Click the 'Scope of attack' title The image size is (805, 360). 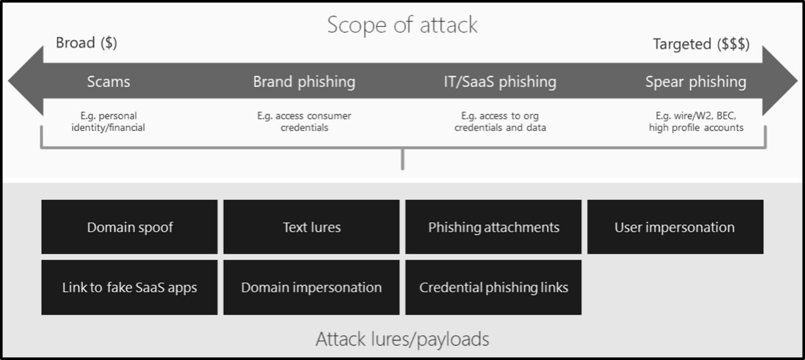tap(402, 25)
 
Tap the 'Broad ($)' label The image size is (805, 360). tap(86, 43)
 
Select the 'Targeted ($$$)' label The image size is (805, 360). tap(701, 45)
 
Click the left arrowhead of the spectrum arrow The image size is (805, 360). tap(25, 81)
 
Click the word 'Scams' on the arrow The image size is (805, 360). tap(108, 82)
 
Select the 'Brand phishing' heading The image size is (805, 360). tap(304, 82)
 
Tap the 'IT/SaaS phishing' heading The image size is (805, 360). tap(499, 82)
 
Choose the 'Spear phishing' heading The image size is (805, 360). tap(696, 82)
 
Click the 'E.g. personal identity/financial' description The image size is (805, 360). tap(108, 122)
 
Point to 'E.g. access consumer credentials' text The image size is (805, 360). tap(304, 122)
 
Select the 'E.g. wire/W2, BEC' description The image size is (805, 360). tap(696, 122)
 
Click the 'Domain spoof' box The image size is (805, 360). tap(129, 227)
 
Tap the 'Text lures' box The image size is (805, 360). tap(311, 227)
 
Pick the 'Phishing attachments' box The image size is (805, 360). tap(493, 227)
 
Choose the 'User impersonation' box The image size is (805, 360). tap(675, 227)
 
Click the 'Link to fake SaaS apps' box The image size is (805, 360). tap(129, 287)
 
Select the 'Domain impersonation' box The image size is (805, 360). tap(311, 287)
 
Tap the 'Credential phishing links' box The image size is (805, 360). tap(493, 287)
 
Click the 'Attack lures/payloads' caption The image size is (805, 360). tap(402, 339)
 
